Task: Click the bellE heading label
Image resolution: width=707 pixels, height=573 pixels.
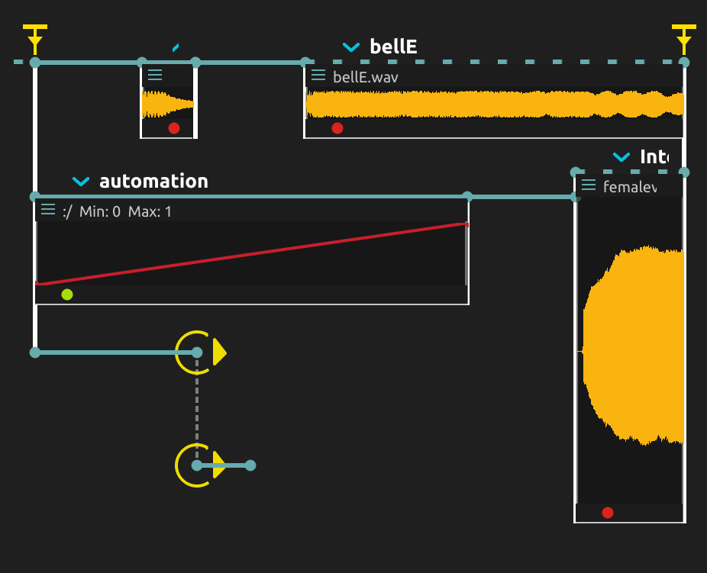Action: pos(393,47)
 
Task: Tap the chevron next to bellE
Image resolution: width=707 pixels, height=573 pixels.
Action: pos(351,47)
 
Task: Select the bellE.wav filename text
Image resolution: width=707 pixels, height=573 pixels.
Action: pos(366,77)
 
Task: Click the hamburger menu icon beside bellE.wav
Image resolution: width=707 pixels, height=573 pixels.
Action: pos(318,76)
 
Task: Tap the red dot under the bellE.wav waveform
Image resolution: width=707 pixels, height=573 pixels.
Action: pos(337,128)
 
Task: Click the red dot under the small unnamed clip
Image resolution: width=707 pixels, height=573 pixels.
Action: pos(174,128)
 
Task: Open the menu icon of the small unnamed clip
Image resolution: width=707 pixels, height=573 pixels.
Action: pos(155,75)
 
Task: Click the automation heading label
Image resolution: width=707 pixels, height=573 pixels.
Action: pos(153,181)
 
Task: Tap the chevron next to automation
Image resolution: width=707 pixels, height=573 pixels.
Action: pos(81,182)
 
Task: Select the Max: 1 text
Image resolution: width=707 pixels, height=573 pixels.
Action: pos(150,211)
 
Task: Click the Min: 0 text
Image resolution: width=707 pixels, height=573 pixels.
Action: pos(100,211)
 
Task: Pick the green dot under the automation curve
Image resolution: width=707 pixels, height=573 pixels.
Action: pos(67,295)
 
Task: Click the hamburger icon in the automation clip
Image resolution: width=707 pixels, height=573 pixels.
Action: pos(48,210)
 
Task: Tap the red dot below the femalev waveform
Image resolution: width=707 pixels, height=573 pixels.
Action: pos(608,513)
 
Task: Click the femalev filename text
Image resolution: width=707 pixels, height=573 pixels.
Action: pos(630,186)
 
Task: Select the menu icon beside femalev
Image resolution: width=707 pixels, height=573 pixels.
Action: pos(588,185)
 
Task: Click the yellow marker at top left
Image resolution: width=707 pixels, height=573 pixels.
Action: pos(35,37)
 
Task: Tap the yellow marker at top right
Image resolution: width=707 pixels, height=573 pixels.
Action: pos(684,37)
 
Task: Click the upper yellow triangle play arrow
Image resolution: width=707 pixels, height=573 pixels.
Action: pos(219,352)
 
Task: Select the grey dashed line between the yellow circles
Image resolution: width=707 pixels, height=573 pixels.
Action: pos(197,408)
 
